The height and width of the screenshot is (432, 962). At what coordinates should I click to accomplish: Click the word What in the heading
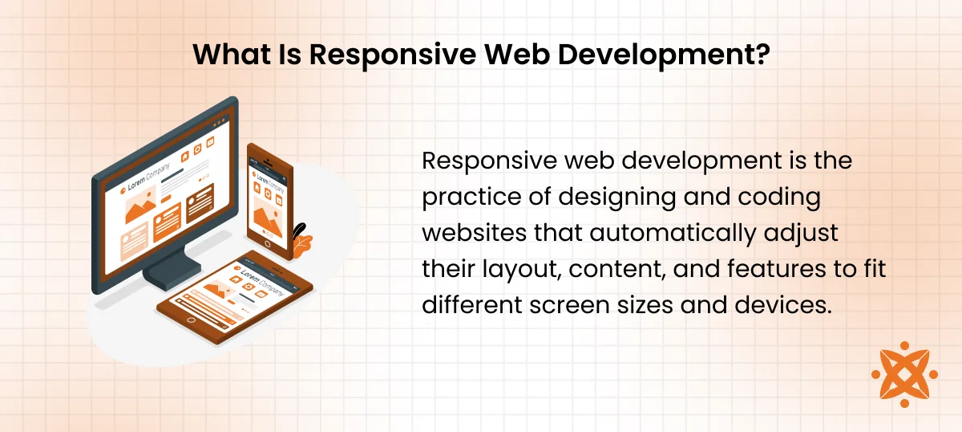tap(232, 55)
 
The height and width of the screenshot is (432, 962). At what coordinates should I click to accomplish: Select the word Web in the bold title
tap(517, 55)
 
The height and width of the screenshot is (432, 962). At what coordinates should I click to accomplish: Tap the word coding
tap(779, 198)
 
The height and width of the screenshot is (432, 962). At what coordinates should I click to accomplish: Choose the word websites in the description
tap(474, 233)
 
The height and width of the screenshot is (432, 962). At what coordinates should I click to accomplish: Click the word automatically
tap(673, 234)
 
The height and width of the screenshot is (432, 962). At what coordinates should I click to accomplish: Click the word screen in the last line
tap(568, 305)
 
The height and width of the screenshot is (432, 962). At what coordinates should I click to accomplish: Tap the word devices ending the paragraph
tap(783, 305)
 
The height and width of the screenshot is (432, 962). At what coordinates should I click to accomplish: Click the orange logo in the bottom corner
tap(904, 374)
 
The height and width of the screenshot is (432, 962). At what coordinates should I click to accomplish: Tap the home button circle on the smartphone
tap(268, 244)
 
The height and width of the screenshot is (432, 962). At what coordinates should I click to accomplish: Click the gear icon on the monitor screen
tap(197, 149)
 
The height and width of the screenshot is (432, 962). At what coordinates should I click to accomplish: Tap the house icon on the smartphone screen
tap(257, 188)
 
